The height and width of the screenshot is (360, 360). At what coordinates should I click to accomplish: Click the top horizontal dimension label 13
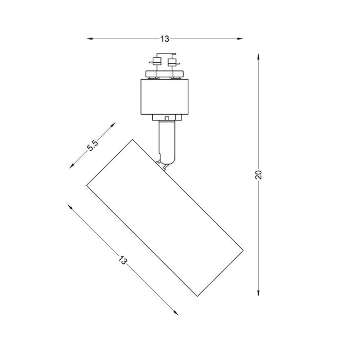click(165, 39)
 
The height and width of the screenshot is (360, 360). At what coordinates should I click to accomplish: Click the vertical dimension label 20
click(258, 175)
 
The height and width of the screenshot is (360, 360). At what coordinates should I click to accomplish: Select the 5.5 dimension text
click(93, 145)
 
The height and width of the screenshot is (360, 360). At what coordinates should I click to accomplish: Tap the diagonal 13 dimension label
click(123, 260)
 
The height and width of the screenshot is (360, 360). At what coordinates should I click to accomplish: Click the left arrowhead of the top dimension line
click(89, 39)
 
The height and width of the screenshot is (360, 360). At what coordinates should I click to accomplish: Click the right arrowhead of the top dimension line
click(240, 39)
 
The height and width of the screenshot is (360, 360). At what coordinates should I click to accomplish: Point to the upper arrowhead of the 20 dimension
click(258, 57)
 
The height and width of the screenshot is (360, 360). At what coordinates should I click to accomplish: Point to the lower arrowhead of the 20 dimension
click(258, 293)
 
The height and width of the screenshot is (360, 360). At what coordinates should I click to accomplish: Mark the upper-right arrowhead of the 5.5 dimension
click(113, 124)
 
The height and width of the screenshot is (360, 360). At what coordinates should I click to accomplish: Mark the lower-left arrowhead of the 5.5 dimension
click(72, 166)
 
